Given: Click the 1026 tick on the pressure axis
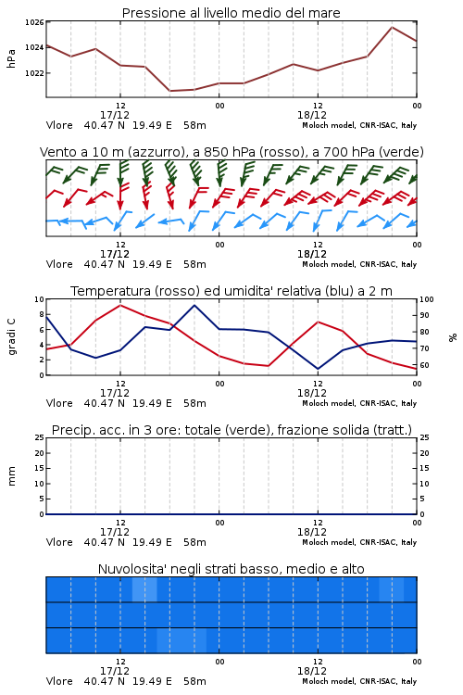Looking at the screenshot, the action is tap(34, 22).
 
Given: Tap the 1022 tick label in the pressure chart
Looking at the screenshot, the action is tap(34, 73).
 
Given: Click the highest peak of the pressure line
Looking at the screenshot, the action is tap(392, 27).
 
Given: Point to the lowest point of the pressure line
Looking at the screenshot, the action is tap(169, 91).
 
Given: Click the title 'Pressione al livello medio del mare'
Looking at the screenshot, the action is tap(231, 13).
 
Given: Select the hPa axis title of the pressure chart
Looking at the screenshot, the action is tap(11, 58).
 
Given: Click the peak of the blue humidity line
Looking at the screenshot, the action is tap(194, 305).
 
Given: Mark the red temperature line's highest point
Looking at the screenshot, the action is tap(120, 305).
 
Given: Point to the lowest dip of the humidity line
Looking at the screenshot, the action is tap(318, 369).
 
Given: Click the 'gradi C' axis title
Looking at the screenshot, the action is tap(12, 336).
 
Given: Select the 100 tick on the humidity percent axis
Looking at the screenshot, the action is tap(427, 299).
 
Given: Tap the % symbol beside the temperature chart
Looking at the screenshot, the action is tap(453, 337).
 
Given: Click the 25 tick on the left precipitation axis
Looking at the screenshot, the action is tap(40, 437).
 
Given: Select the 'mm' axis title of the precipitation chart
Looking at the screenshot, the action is tap(12, 476).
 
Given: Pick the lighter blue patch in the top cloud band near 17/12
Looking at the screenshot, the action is tap(144, 589).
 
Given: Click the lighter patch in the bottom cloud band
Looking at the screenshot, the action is tap(181, 640).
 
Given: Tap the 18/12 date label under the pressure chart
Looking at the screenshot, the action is tap(312, 115).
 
